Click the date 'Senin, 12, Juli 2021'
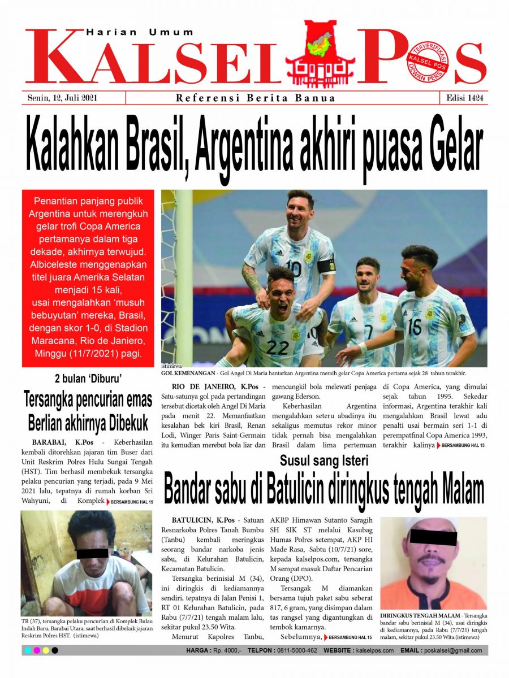pyautogui.click(x=63, y=98)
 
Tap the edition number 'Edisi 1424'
pyautogui.click(x=463, y=98)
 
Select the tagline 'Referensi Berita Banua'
pyautogui.click(x=255, y=98)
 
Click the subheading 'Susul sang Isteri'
pyautogui.click(x=324, y=460)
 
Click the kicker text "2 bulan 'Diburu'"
pyautogui.click(x=88, y=379)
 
